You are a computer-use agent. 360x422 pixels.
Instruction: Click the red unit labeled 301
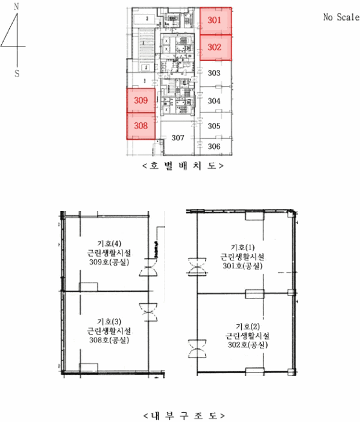(x=216, y=21)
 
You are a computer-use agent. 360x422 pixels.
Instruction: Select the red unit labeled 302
(x=216, y=48)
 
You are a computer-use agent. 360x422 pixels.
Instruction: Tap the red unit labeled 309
(x=141, y=101)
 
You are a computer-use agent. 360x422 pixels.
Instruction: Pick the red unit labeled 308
(x=141, y=126)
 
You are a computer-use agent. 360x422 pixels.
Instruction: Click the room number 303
(x=214, y=73)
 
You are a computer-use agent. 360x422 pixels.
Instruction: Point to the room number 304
(x=214, y=101)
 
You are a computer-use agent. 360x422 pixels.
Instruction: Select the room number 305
(x=214, y=126)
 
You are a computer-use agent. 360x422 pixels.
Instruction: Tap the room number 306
(x=214, y=146)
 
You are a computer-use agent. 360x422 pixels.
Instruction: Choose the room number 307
(x=178, y=138)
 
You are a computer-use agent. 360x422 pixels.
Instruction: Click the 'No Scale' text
(x=341, y=17)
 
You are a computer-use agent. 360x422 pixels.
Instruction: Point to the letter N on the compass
(x=17, y=7)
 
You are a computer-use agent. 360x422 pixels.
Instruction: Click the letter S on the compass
(x=17, y=74)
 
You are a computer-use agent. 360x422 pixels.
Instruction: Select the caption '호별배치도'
(x=183, y=166)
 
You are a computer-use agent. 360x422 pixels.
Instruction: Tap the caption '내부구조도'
(x=184, y=415)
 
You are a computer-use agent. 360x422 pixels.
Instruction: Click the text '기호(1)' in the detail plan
(x=242, y=247)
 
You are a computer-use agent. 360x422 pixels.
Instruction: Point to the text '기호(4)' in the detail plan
(x=109, y=244)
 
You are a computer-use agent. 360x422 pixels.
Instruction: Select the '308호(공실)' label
(x=109, y=340)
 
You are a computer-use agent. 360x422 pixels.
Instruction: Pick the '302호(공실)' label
(x=248, y=345)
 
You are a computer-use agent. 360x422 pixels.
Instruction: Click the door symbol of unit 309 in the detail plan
(x=148, y=267)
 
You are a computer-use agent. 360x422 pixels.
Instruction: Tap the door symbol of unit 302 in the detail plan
(x=197, y=348)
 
